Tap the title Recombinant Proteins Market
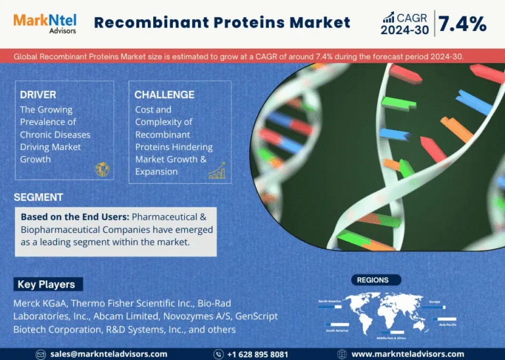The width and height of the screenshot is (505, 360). pyautogui.click(x=222, y=22)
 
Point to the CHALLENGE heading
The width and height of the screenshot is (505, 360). pyautogui.click(x=164, y=95)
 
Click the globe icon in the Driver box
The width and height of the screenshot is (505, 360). pyautogui.click(x=102, y=170)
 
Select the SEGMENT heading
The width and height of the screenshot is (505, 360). pyautogui.click(x=39, y=197)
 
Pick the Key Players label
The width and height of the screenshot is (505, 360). pyautogui.click(x=47, y=284)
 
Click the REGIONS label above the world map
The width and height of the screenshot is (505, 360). pyautogui.click(x=373, y=280)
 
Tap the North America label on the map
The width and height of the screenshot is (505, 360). pyautogui.click(x=330, y=301)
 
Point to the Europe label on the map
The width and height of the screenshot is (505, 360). pyautogui.click(x=435, y=302)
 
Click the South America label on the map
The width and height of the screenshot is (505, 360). pyautogui.click(x=337, y=330)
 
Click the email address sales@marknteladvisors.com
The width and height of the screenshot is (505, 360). pyautogui.click(x=109, y=354)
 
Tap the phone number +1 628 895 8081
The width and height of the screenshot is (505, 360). pyautogui.click(x=257, y=354)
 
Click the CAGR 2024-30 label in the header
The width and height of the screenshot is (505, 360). pyautogui.click(x=404, y=24)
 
